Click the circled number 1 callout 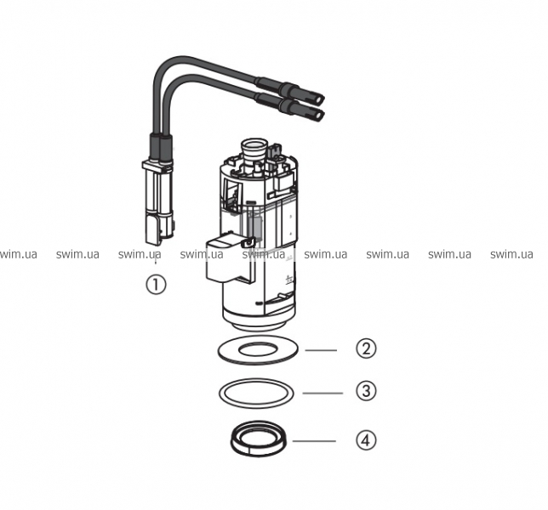tap(156, 285)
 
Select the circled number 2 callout tap(366, 348)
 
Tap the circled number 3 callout tap(366, 391)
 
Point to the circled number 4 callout tap(366, 439)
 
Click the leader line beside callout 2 tap(321, 349)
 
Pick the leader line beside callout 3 tap(323, 393)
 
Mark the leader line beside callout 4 tap(314, 441)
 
